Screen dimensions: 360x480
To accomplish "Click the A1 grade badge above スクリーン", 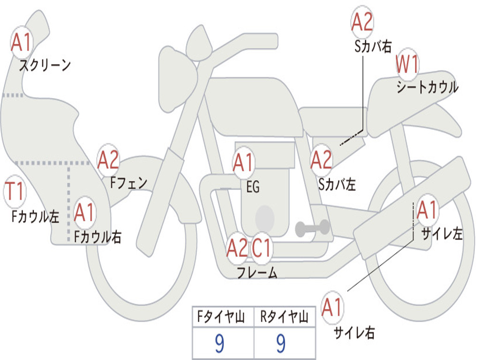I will click(21, 43).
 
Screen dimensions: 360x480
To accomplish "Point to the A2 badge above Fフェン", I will click(108, 160).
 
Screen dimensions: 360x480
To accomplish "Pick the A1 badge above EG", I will click(243, 163).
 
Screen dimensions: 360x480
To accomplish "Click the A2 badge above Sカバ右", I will click(362, 22).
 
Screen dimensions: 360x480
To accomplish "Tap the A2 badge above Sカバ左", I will click(321, 160).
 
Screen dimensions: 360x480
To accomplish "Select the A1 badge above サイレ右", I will click(332, 307).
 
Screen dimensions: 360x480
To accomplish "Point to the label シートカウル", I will click(427, 88).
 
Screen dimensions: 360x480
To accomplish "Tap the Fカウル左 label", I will click(36, 216).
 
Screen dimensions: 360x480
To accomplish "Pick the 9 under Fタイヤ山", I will click(219, 344).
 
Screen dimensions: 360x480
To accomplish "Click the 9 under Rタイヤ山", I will click(281, 344).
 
